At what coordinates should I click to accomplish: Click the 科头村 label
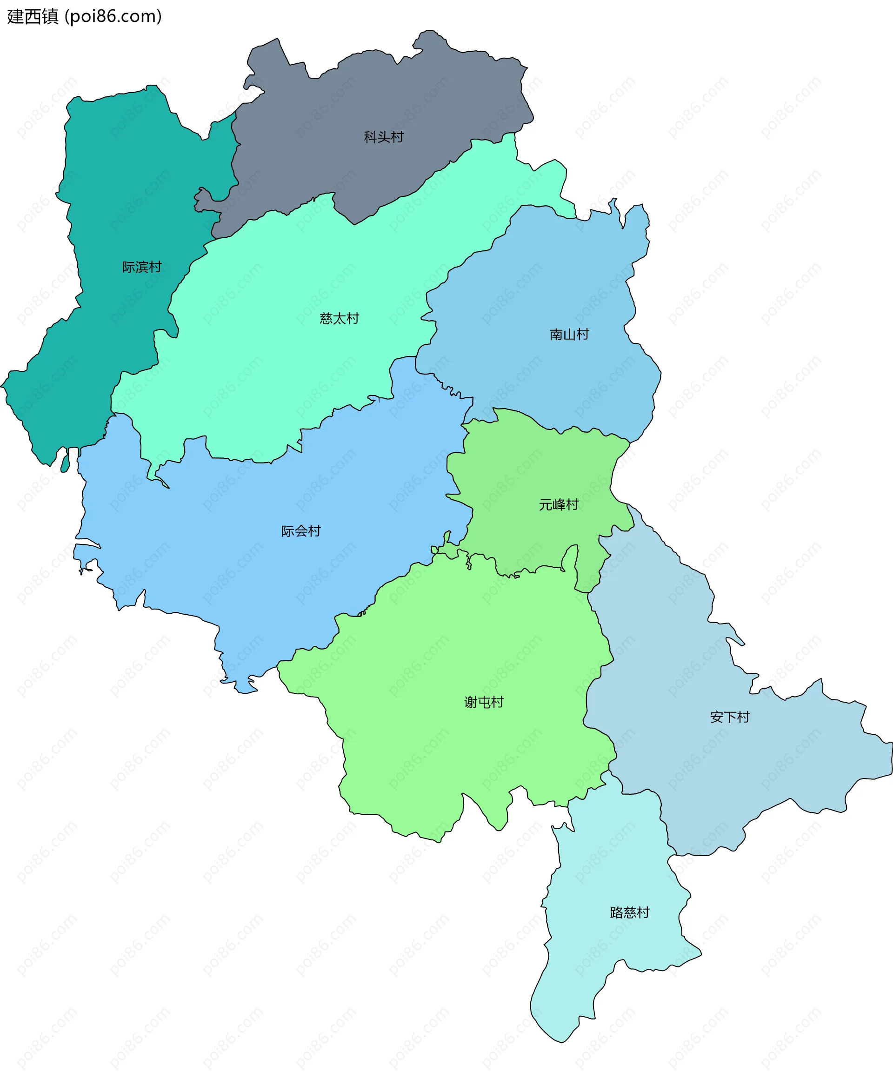383,137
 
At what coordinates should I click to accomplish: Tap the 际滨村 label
141,267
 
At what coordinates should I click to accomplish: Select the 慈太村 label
339,318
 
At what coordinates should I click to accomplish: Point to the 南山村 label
569,334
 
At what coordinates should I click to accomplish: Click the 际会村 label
301,531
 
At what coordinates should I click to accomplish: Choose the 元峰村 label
559,504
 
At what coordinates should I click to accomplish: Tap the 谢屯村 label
484,702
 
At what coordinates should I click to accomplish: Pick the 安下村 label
730,717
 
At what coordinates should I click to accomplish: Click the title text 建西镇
33,16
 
